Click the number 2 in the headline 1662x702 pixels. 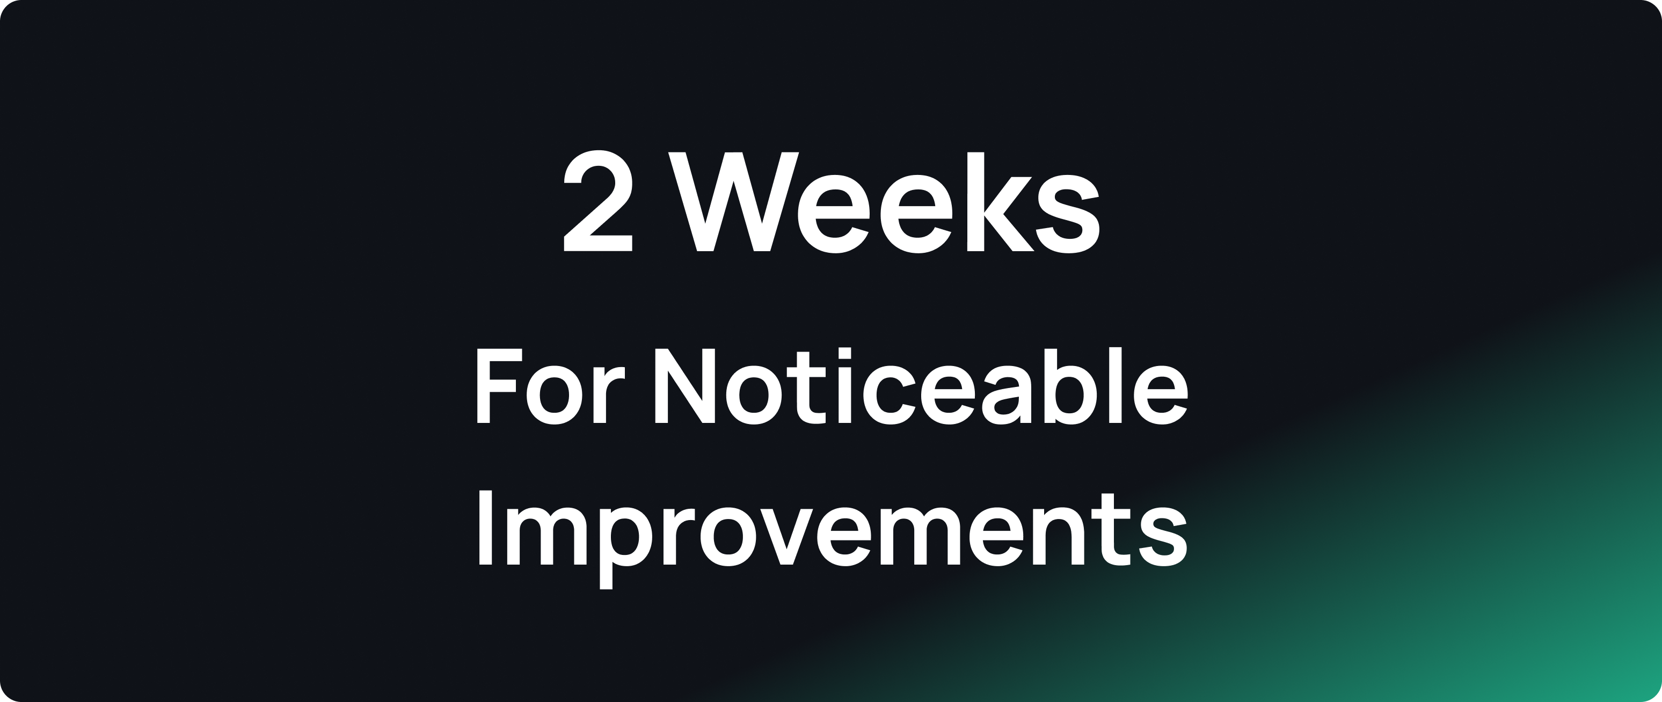pos(598,201)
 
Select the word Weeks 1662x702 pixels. pos(883,201)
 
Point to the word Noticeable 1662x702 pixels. pos(921,386)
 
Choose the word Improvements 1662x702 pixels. pos(832,530)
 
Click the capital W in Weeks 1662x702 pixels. pos(734,201)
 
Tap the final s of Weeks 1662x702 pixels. pos(1067,214)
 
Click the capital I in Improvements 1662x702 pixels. pos(485,528)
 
